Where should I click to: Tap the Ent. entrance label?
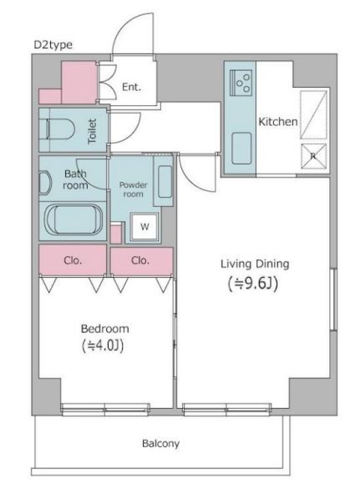(x=130, y=86)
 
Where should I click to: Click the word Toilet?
(x=93, y=130)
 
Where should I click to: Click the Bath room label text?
(x=76, y=179)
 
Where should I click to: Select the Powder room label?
(x=133, y=189)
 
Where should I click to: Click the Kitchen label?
(x=277, y=122)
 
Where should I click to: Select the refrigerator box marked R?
(x=314, y=155)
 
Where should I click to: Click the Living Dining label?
(x=254, y=264)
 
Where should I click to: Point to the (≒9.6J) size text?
(x=254, y=284)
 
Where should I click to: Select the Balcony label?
(x=161, y=443)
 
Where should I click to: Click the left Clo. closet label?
(x=73, y=260)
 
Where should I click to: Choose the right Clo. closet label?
(x=140, y=260)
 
